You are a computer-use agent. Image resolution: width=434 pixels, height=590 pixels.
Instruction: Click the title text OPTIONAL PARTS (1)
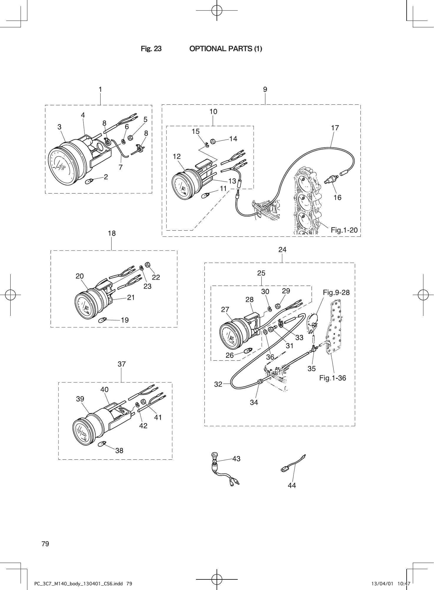point(225,49)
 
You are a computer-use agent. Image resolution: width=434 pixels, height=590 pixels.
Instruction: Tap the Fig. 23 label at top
point(151,49)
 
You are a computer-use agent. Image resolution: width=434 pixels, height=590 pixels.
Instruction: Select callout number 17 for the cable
point(335,128)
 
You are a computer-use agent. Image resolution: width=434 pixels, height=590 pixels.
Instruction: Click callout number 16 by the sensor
point(337,197)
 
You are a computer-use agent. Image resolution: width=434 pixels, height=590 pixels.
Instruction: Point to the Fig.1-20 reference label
point(344,230)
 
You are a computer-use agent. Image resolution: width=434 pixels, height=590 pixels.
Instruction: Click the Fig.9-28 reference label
point(336,292)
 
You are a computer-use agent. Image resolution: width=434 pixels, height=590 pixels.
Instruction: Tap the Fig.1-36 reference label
point(332,378)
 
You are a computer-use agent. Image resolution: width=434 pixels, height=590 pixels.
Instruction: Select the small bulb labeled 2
point(89,182)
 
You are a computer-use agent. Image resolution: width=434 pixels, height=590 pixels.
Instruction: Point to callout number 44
point(292,486)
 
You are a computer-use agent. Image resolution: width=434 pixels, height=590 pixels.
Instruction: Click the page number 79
point(45,544)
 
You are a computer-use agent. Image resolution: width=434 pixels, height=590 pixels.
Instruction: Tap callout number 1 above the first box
point(100,89)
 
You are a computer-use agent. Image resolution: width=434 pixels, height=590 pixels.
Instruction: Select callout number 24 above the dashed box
point(282,250)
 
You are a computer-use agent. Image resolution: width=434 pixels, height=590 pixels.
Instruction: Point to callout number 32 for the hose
point(218,384)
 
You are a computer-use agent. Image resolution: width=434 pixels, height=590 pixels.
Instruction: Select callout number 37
point(122,364)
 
